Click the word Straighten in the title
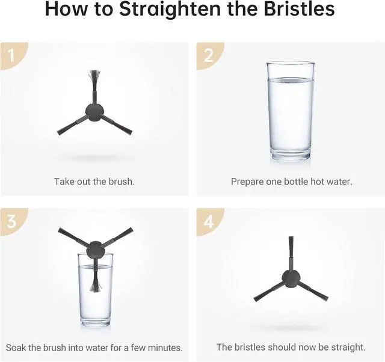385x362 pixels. tap(170, 10)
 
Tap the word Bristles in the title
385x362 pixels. tap(299, 9)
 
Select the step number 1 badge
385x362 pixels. tap(14, 56)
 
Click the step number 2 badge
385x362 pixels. tap(210, 56)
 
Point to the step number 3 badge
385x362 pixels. tap(14, 222)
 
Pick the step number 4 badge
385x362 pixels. tap(210, 222)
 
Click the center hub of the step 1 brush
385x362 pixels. tap(94, 112)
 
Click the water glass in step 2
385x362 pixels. tap(291, 111)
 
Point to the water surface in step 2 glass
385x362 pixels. tap(291, 80)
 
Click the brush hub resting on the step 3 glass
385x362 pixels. tap(95, 250)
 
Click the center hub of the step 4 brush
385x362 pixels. tap(291, 278)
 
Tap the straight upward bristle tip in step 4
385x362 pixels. tap(291, 242)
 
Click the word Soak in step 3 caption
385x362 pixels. tap(16, 348)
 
